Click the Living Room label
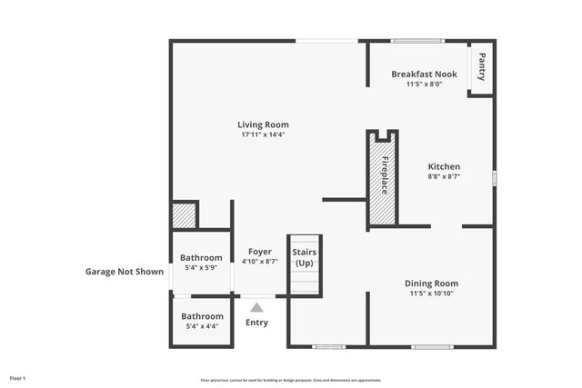(263, 124)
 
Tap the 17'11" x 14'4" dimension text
(263, 134)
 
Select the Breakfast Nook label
(424, 74)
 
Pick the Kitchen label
(444, 166)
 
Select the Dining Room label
(431, 284)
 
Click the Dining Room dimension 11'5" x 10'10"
(431, 293)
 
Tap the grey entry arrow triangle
(257, 307)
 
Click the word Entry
(257, 322)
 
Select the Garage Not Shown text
(125, 271)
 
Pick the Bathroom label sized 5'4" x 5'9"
(201, 258)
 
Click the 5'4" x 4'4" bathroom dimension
(201, 326)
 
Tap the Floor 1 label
(18, 377)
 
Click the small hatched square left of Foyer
(185, 216)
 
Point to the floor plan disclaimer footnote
(291, 380)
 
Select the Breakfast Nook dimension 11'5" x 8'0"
(424, 84)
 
